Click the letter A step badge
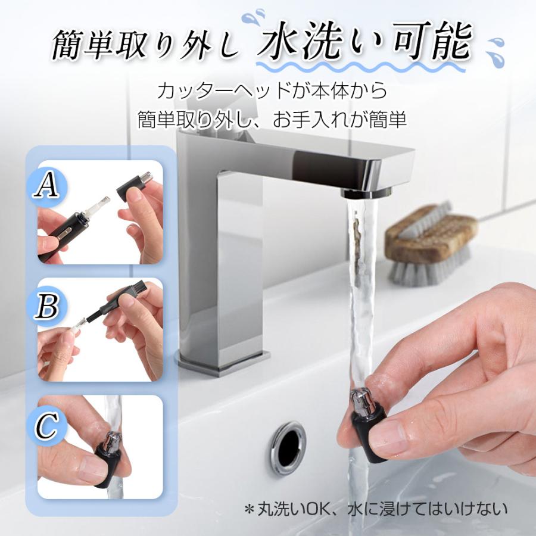[47, 186]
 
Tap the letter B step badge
[48, 306]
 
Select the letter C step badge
[46, 426]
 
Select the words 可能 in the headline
[433, 40]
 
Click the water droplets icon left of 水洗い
[253, 17]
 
